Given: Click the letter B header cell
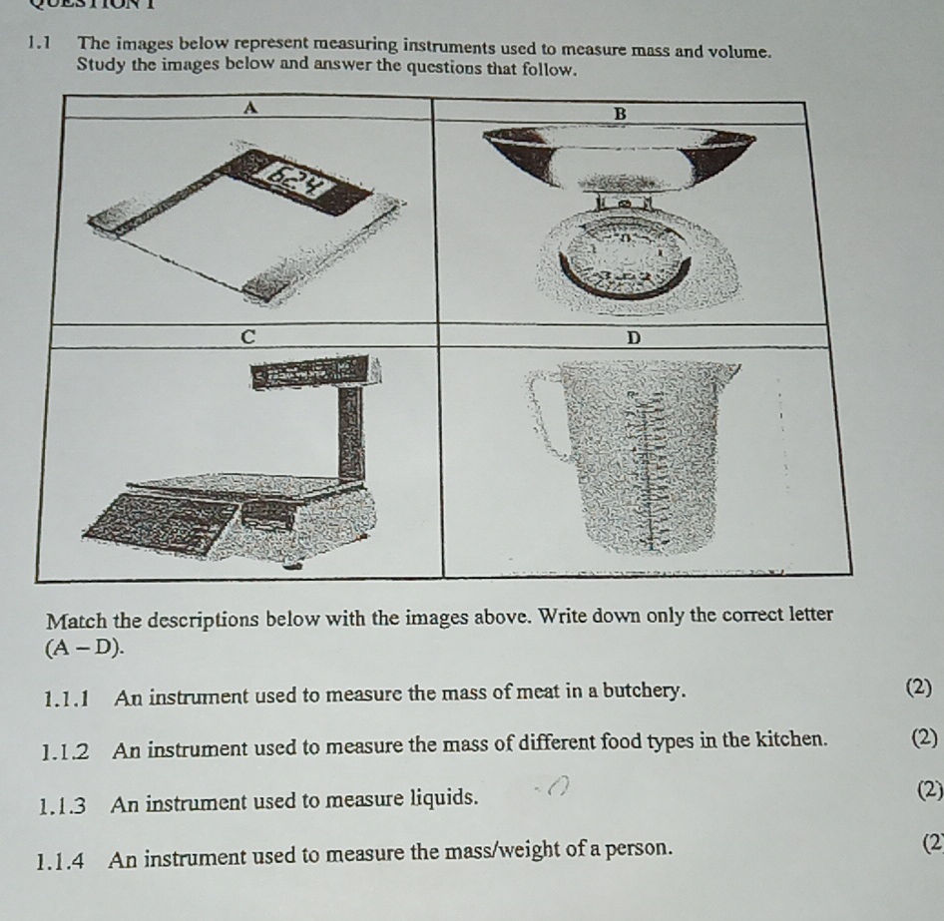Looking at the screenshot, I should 620,114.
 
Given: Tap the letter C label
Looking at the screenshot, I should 249,336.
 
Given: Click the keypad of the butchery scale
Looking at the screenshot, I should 160,519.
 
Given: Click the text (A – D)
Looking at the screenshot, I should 86,647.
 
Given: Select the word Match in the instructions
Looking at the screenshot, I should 84,612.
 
